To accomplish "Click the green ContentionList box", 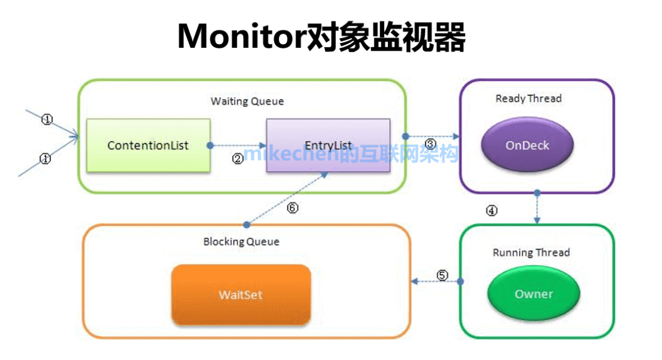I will tap(148, 145).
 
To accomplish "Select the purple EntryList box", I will tap(328, 145).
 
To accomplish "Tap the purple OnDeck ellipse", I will tap(527, 146).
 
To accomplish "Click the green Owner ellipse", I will tap(533, 294).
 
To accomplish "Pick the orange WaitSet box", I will tap(241, 295).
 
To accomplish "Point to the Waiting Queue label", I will tap(247, 101).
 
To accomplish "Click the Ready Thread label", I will tap(528, 98).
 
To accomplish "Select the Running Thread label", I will tap(531, 253).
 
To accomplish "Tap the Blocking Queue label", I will tap(241, 242).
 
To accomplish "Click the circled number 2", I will tap(238, 158).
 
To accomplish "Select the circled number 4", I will tap(492, 211).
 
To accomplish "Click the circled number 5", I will tap(443, 275).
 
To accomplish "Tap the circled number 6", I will tap(292, 208).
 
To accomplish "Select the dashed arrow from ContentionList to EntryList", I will tap(238, 146).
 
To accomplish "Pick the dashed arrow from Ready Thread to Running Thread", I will tap(537, 209).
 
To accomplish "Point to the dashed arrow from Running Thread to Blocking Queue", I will tap(436, 281).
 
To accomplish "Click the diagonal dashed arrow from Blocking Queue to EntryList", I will tap(285, 198).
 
